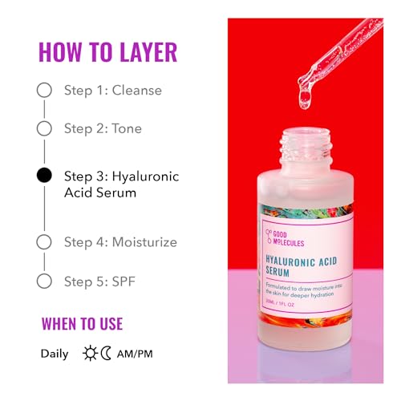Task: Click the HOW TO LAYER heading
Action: [107, 52]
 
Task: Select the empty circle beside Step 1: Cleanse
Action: [44, 90]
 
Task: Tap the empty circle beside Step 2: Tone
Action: [44, 128]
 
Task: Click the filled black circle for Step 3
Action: [44, 176]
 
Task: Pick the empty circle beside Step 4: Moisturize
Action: [44, 241]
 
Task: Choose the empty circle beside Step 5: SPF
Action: [44, 281]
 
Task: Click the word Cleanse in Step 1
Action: [136, 90]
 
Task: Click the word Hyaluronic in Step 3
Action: [146, 176]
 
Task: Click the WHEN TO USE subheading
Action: [82, 324]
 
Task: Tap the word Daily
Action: [55, 353]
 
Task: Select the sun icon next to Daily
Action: [90, 353]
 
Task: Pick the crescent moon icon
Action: [107, 353]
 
